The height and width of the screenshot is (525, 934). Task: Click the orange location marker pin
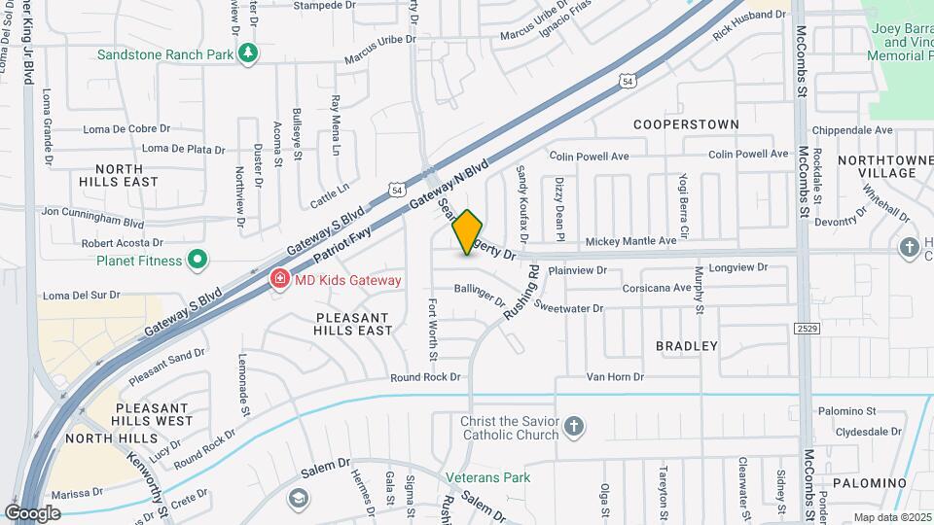pos(468,232)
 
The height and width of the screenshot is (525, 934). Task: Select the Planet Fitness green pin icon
pos(198,260)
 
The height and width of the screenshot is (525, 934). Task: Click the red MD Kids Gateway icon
pos(279,280)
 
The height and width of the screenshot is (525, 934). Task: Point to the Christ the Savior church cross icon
pos(574,426)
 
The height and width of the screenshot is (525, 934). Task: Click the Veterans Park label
pos(488,477)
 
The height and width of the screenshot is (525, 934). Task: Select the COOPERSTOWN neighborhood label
pos(686,124)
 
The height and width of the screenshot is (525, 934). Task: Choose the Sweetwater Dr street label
pos(569,308)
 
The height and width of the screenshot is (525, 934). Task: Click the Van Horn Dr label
pos(615,376)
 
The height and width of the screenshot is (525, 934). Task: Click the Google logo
pos(33,512)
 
